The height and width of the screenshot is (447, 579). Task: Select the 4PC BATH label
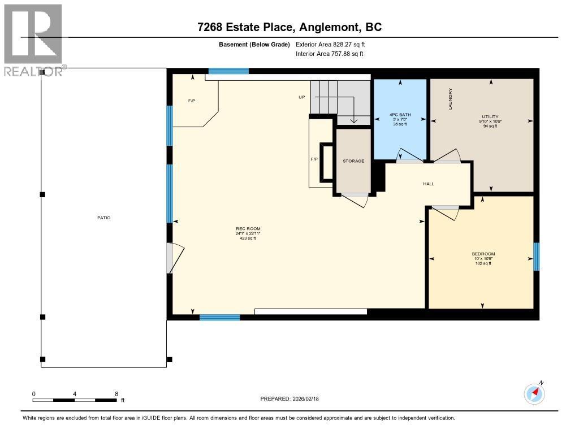tap(400, 115)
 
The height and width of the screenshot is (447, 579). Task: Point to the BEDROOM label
tap(483, 254)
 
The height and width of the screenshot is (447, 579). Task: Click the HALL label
tap(429, 184)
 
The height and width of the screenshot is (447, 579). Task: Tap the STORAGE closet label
tap(353, 161)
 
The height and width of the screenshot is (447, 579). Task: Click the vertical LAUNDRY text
tap(451, 99)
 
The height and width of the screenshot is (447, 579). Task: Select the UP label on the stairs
tap(302, 97)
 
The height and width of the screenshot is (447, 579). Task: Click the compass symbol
tap(534, 393)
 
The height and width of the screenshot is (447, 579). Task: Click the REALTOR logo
tap(33, 40)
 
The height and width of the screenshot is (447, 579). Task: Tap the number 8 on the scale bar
tap(116, 394)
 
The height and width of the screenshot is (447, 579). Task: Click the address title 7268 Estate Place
tap(289, 27)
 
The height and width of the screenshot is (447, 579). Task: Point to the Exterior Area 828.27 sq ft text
tap(334, 44)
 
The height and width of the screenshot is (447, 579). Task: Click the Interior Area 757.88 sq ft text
tap(329, 54)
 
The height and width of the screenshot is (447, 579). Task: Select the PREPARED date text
tap(293, 398)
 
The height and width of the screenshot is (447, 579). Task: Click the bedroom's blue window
tap(537, 257)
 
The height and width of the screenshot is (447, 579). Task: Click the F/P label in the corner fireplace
tap(192, 101)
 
